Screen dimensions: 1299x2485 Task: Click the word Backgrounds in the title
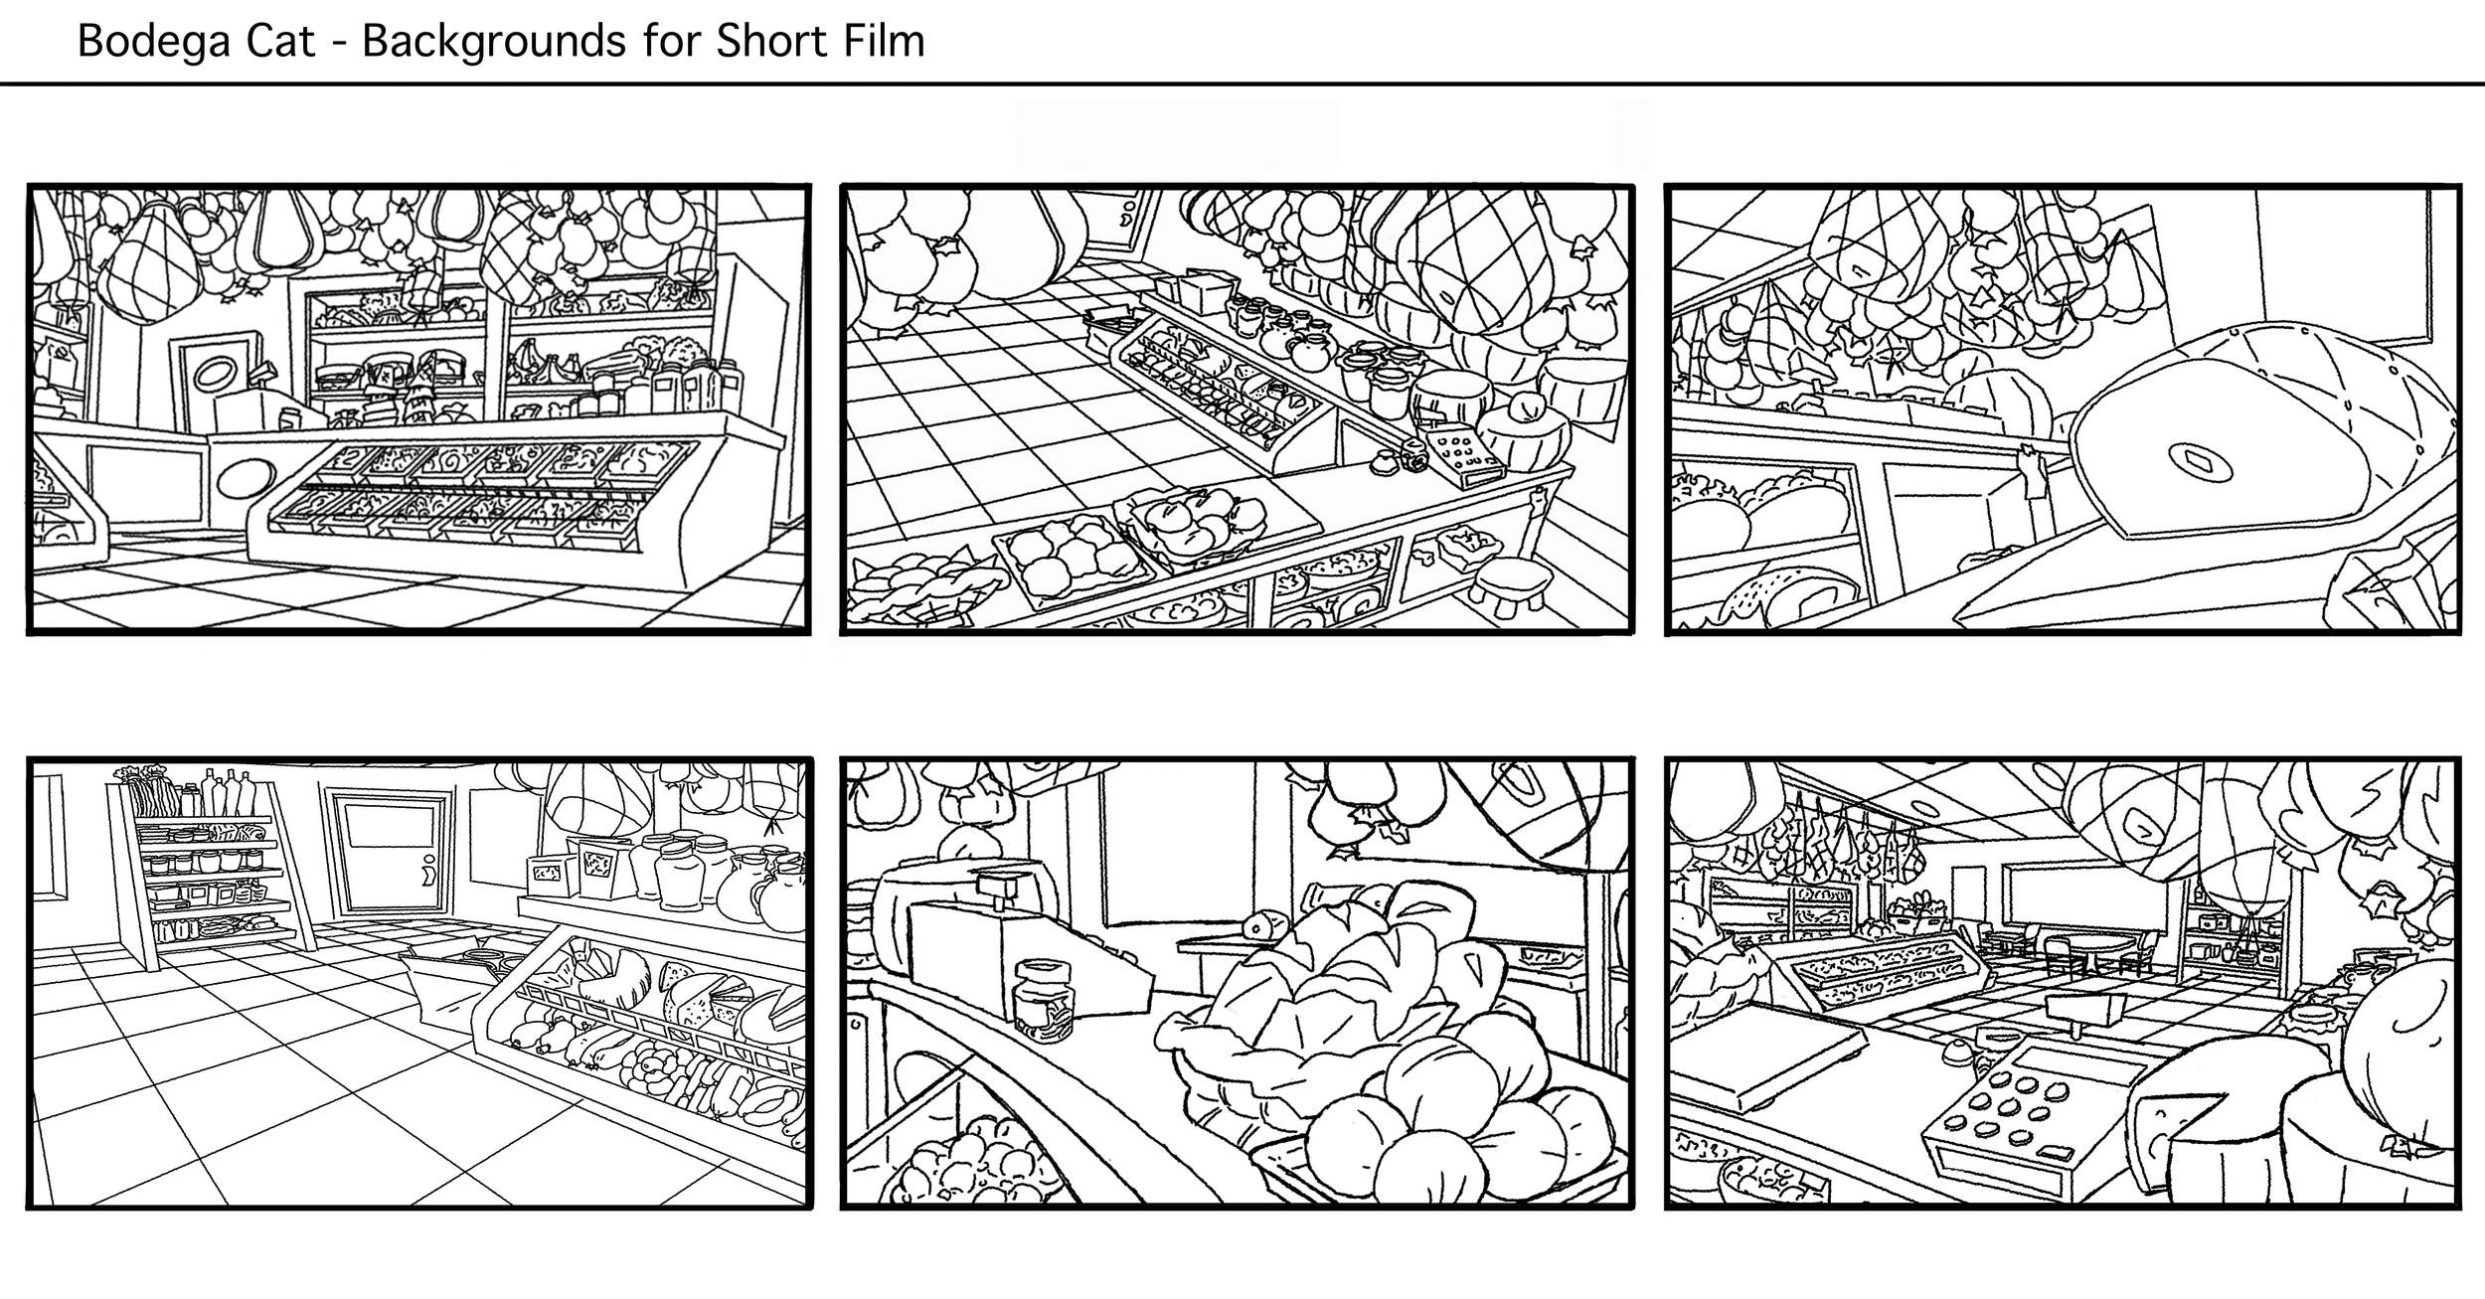coord(499,42)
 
